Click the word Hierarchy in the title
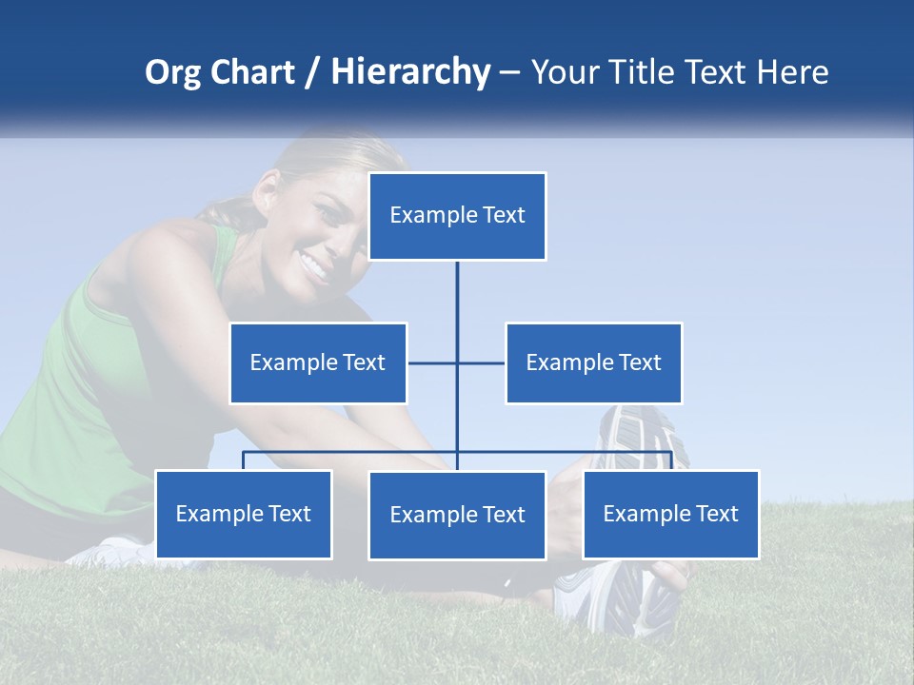pyautogui.click(x=410, y=72)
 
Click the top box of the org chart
pyautogui.click(x=457, y=216)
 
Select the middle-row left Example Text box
pyautogui.click(x=318, y=362)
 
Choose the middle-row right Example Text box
pyautogui.click(x=593, y=362)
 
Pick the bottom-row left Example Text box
pyautogui.click(x=244, y=515)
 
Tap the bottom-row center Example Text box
pyautogui.click(x=457, y=516)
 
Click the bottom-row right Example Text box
pyautogui.click(x=670, y=515)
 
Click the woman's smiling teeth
pyautogui.click(x=313, y=262)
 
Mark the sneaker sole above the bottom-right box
pyautogui.click(x=638, y=438)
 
